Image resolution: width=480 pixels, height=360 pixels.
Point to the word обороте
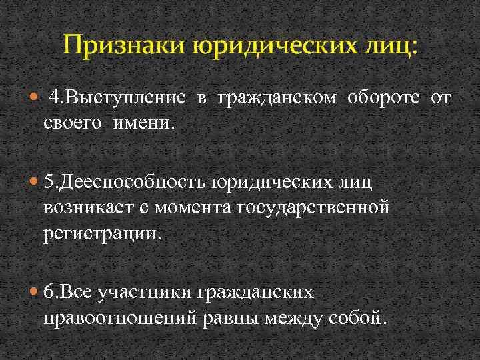(383, 99)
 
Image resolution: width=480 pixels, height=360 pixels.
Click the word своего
(76, 123)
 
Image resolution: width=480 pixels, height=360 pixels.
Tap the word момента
(194, 207)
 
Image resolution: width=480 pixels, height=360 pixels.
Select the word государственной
(312, 207)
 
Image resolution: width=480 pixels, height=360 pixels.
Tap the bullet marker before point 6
(35, 291)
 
